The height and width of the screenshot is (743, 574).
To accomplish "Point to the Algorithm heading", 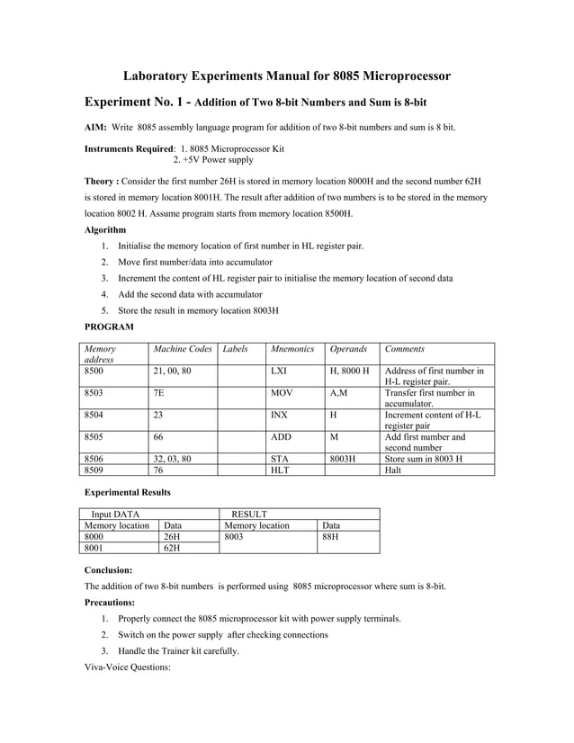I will pyautogui.click(x=105, y=229).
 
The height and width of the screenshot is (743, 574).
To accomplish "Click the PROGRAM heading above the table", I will pyautogui.click(x=109, y=327).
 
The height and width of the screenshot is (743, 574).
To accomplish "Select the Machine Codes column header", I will pyautogui.click(x=183, y=348).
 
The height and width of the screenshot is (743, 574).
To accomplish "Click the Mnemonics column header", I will pyautogui.click(x=292, y=348).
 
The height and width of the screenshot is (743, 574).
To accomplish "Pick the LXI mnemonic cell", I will pyautogui.click(x=279, y=371).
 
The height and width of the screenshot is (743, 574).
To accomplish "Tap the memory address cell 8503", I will pyautogui.click(x=94, y=392).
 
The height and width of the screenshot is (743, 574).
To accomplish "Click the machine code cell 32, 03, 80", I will pyautogui.click(x=172, y=458).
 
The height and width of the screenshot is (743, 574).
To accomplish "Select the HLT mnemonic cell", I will pyautogui.click(x=280, y=469).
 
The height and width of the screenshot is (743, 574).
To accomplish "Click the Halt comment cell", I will pyautogui.click(x=393, y=469).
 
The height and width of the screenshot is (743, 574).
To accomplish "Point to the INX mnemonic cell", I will pyautogui.click(x=280, y=415).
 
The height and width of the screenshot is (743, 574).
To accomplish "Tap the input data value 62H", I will pyautogui.click(x=172, y=547).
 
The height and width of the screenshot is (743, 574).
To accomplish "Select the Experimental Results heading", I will pyautogui.click(x=128, y=493).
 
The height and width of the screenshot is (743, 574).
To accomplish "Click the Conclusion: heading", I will pyautogui.click(x=109, y=570).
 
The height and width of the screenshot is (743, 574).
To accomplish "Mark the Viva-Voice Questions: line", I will pyautogui.click(x=127, y=667).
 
